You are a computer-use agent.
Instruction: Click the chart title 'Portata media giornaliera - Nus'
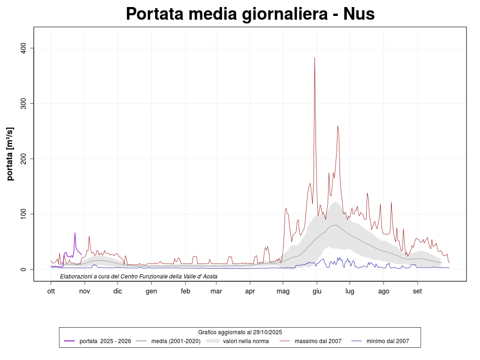pyautogui.click(x=250, y=14)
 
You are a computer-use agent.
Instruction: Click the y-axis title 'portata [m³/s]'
pyautogui.click(x=10, y=154)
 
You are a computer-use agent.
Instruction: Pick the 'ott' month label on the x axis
pyautogui.click(x=51, y=291)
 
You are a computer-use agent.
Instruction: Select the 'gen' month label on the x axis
pyautogui.click(x=151, y=291)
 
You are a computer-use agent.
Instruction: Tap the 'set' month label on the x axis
pyautogui.click(x=417, y=291)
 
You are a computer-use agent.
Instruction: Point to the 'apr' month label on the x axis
pyautogui.click(x=250, y=291)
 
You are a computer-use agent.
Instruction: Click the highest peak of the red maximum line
pyautogui.click(x=315, y=58)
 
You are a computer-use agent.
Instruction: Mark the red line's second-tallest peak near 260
pyautogui.click(x=337, y=126)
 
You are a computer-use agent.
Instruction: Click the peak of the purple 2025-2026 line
pyautogui.click(x=75, y=233)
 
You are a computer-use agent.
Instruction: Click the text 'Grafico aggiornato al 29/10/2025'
pyautogui.click(x=240, y=332)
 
